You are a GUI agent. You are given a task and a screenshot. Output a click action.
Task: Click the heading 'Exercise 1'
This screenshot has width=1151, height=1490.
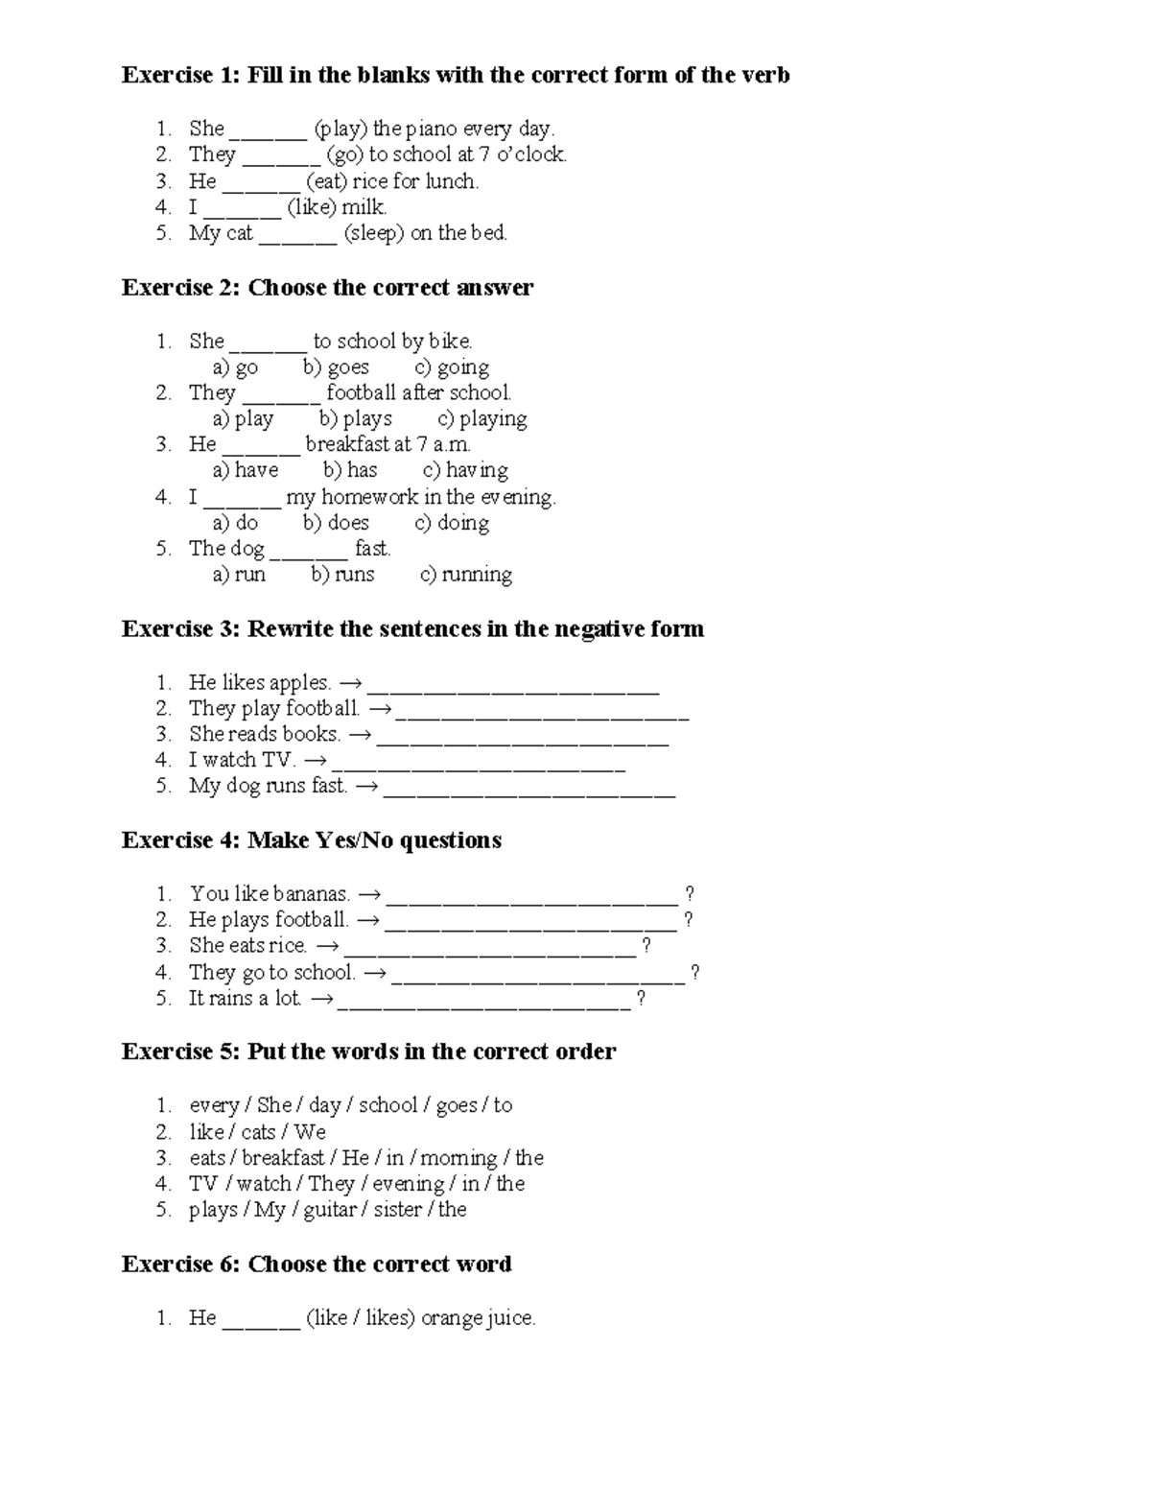coord(179,75)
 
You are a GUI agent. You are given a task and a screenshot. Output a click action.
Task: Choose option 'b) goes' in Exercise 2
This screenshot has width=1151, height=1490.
coord(336,367)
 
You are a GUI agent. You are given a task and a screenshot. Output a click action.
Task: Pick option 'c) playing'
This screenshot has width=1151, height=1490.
coord(482,419)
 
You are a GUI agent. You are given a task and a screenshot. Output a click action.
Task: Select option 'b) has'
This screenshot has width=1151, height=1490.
coord(350,470)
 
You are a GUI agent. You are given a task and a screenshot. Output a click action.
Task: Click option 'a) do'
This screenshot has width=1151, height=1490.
coord(235,523)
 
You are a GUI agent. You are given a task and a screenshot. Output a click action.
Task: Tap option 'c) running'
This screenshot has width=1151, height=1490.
coord(466,575)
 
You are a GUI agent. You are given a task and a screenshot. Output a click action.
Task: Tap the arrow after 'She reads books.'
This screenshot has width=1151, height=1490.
coord(359,735)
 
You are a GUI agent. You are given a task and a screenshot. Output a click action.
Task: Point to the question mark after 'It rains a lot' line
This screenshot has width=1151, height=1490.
coord(641,999)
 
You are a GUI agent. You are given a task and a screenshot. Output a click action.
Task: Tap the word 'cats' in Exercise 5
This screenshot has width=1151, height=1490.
coord(258,1132)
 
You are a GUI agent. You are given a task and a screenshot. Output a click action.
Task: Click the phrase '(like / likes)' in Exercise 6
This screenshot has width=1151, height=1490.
coord(360,1318)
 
